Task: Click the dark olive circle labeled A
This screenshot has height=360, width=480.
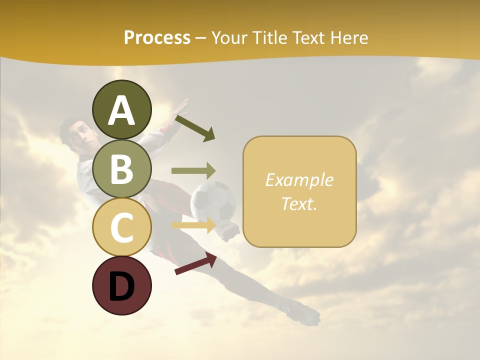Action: (x=121, y=109)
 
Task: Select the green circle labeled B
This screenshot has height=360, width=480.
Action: (x=121, y=168)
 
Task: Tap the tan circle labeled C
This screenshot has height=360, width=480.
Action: (x=121, y=227)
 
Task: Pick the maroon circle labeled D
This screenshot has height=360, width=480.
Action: (x=121, y=285)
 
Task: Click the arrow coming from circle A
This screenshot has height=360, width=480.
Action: (x=195, y=128)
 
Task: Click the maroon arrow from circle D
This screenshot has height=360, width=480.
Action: (x=195, y=263)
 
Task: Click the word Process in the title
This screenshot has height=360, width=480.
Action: (x=157, y=37)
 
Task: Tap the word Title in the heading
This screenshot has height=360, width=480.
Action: (x=267, y=37)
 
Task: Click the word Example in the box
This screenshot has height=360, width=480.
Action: (x=299, y=180)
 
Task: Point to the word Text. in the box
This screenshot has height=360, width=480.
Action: (x=299, y=203)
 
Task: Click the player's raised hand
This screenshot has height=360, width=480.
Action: (x=180, y=107)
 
